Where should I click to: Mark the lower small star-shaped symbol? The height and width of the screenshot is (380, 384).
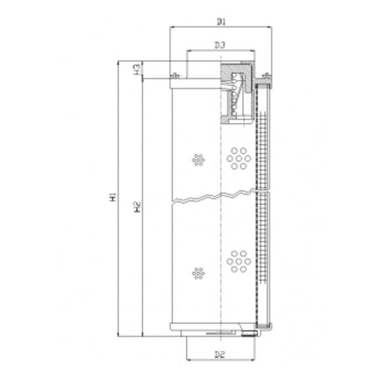coord(198,272)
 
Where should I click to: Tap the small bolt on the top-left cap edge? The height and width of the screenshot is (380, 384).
coord(174,77)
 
